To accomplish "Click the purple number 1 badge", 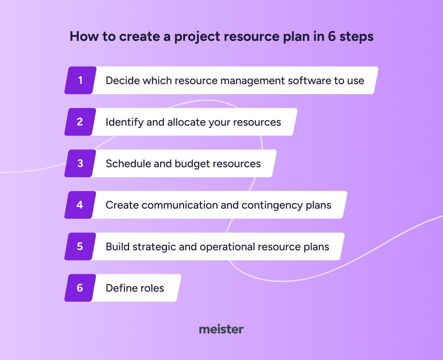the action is [x=81, y=80].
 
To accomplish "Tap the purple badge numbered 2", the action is [x=80, y=122].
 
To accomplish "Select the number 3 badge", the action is [x=80, y=163].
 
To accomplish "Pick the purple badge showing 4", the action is [x=80, y=205].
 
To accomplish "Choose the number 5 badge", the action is [x=80, y=246].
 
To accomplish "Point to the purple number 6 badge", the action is [x=80, y=288].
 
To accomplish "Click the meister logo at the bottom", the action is [x=221, y=329].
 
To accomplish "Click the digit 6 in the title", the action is [x=332, y=36].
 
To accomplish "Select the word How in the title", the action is [x=84, y=36].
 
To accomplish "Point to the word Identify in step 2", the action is [x=125, y=122].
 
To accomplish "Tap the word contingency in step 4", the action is [x=272, y=206].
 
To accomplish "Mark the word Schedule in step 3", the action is [x=128, y=163].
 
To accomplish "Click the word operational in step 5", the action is [x=227, y=247].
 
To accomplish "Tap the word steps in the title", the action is [x=356, y=37].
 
